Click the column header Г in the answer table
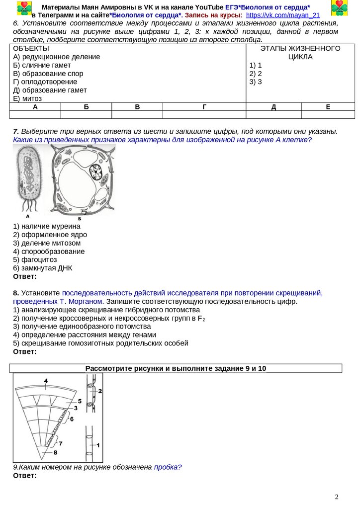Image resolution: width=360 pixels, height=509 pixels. pyautogui.click(x=204, y=107)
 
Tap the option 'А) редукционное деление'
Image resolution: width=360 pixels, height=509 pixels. pyautogui.click(x=57, y=57)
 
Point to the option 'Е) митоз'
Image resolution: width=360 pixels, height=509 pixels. pyautogui.click(x=27, y=98)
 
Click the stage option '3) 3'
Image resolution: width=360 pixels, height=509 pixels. pyautogui.click(x=256, y=82)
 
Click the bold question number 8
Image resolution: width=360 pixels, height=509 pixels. pyautogui.click(x=16, y=293)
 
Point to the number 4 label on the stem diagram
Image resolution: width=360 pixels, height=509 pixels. pyautogui.click(x=45, y=381)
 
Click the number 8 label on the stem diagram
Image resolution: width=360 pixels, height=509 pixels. pyautogui.click(x=55, y=452)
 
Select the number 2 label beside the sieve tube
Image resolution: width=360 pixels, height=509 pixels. pyautogui.click(x=100, y=391)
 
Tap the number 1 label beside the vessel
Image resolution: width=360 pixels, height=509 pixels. pyautogui.click(x=98, y=444)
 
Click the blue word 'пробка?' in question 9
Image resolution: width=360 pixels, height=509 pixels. pyautogui.click(x=168, y=467)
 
